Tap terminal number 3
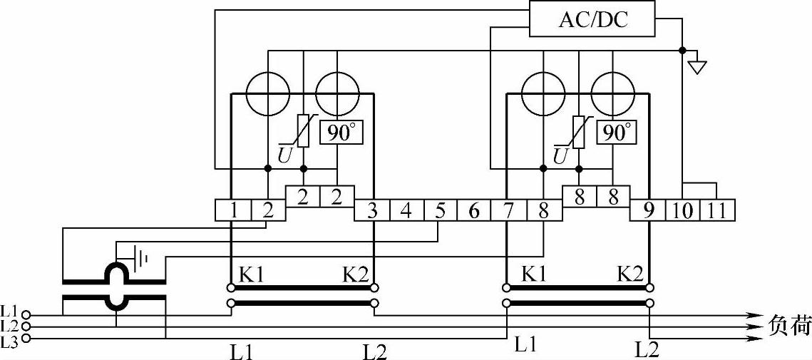click(x=372, y=210)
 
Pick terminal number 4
click(x=406, y=210)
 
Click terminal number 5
click(x=441, y=210)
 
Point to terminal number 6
click(x=474, y=210)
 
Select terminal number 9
click(x=647, y=210)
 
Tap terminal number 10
click(x=682, y=210)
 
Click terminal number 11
click(x=717, y=210)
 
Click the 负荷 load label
click(x=790, y=326)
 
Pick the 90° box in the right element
click(x=618, y=133)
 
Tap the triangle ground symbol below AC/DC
click(x=697, y=67)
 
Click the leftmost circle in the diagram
click(x=268, y=93)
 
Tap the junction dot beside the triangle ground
click(x=682, y=50)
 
